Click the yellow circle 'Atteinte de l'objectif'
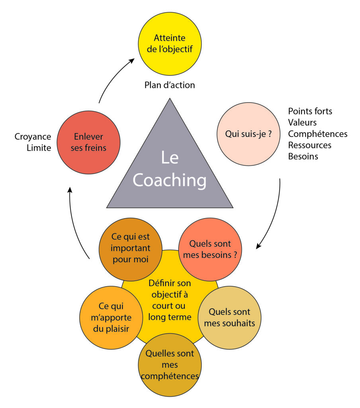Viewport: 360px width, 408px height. pyautogui.click(x=169, y=44)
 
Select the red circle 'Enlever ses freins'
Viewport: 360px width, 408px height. pyautogui.click(x=88, y=142)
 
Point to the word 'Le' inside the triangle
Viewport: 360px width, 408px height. pyautogui.click(x=170, y=158)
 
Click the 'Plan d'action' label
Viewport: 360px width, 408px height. pyautogui.click(x=170, y=85)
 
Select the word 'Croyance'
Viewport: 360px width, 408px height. pyautogui.click(x=33, y=137)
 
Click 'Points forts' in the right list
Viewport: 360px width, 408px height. pyautogui.click(x=310, y=111)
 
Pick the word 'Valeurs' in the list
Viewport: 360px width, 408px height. pyautogui.click(x=302, y=122)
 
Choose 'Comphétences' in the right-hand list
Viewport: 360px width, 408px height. pyautogui.click(x=317, y=134)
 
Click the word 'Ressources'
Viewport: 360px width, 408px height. pyautogui.click(x=309, y=145)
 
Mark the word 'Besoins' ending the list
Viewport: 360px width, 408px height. pyautogui.click(x=303, y=156)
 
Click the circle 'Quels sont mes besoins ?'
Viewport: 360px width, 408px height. pyautogui.click(x=210, y=249)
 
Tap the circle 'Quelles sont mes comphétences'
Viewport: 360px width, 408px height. pyautogui.click(x=170, y=365)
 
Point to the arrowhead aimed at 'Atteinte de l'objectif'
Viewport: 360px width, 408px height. pyautogui.click(x=133, y=61)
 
